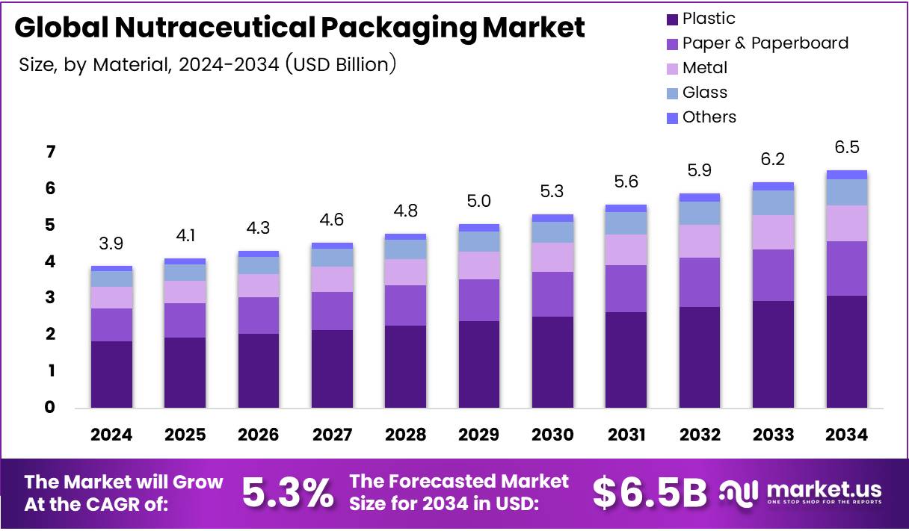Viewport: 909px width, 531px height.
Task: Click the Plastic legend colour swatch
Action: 671,19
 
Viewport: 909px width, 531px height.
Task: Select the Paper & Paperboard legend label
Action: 765,43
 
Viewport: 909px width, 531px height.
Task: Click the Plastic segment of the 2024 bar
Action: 111,374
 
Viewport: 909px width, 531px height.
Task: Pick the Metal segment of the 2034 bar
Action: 846,223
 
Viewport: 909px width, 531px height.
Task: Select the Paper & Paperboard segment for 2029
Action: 479,300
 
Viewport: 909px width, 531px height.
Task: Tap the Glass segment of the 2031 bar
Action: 626,223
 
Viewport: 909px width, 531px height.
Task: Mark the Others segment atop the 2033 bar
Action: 773,186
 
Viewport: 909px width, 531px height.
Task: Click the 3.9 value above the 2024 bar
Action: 111,244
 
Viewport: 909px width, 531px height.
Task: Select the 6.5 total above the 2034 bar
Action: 846,148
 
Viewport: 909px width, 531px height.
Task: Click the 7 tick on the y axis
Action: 51,152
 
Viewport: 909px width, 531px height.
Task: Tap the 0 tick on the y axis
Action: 51,408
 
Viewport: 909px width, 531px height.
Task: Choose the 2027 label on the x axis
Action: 332,435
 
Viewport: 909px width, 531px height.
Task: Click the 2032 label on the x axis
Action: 700,435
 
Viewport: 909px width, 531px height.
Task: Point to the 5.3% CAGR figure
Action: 287,492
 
